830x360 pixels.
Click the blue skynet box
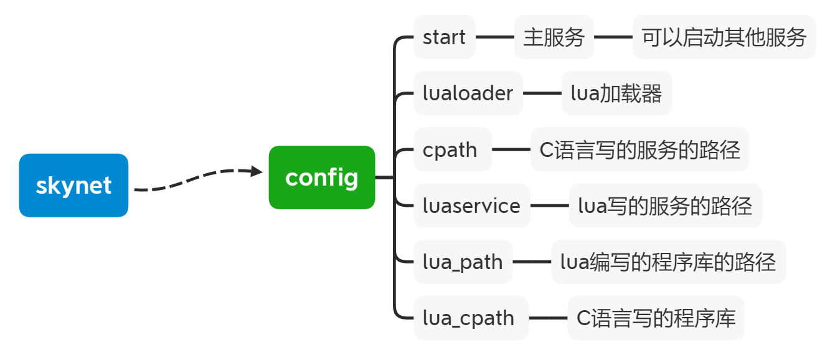73,186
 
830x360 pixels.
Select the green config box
322,178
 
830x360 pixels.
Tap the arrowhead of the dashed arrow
257,171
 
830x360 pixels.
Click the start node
444,37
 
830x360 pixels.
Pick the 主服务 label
554,37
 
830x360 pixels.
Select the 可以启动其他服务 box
724,37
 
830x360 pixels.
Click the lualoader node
468,93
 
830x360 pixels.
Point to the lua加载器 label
616,93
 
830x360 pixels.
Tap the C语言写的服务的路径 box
639,149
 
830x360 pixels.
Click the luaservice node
471,206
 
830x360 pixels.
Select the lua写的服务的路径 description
665,206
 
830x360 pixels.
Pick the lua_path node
463,262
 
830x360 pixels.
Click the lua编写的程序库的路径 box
668,262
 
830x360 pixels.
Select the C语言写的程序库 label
656,318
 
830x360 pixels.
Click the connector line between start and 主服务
495,37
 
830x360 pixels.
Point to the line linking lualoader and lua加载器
542,93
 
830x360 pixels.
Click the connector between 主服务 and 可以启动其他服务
613,37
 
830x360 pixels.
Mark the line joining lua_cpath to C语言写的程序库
548,318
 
